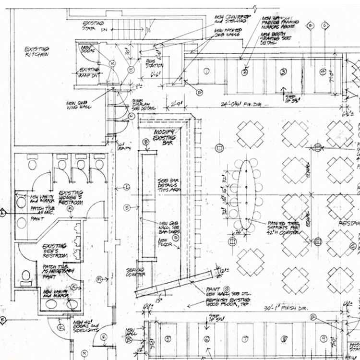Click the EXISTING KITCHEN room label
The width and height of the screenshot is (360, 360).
click(36, 52)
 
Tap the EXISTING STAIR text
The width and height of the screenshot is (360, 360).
click(93, 25)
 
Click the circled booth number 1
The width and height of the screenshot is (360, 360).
click(206, 71)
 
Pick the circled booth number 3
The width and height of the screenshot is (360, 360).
click(283, 72)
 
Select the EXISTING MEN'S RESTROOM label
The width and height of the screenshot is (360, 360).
click(54, 250)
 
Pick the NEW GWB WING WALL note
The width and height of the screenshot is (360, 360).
click(75, 106)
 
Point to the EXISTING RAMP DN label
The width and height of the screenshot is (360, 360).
click(89, 72)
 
